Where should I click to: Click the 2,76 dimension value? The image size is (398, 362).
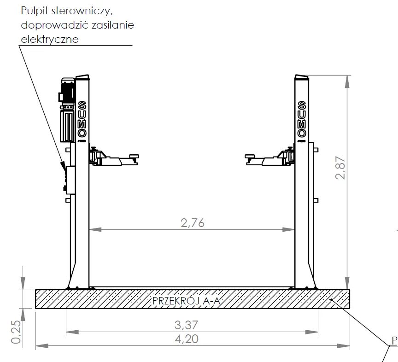193,223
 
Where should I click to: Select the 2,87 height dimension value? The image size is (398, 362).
340,168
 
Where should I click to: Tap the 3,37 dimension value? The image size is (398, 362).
186,325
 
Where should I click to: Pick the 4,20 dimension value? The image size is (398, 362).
187,339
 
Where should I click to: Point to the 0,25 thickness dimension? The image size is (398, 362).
16,332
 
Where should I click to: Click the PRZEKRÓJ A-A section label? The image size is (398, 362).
186,301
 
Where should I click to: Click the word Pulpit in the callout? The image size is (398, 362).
35,11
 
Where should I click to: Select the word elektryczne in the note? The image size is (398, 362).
50,39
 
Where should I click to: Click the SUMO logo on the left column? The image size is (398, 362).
82,119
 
